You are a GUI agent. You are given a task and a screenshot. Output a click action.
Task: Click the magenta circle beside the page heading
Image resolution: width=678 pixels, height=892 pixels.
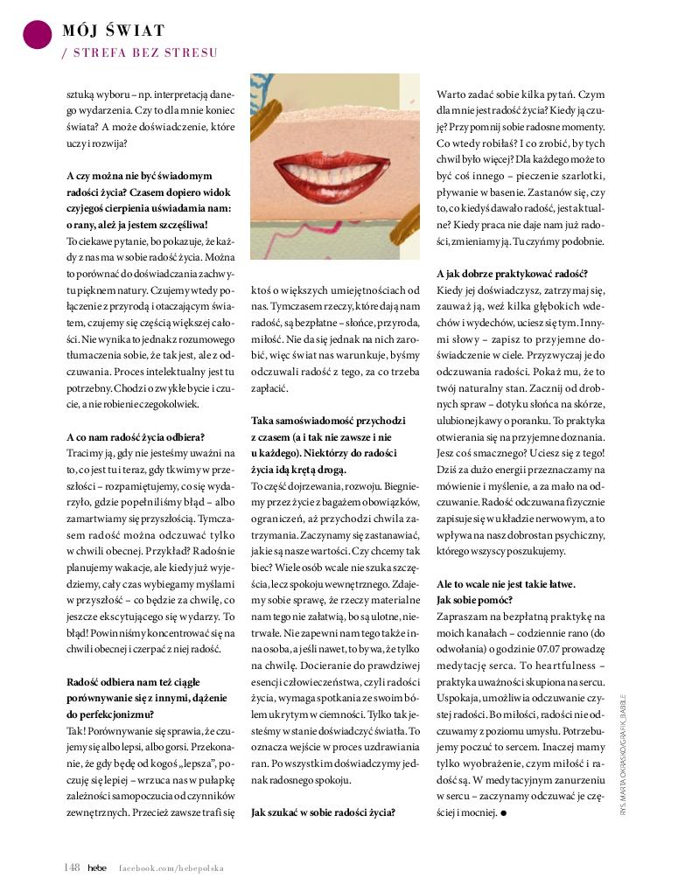point(38,33)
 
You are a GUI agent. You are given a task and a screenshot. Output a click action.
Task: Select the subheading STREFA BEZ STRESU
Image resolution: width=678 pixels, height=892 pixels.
point(140,53)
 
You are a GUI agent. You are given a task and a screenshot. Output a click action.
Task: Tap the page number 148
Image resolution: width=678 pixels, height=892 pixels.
point(72,867)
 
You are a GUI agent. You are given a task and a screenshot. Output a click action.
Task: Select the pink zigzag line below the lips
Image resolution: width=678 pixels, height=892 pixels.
point(332,241)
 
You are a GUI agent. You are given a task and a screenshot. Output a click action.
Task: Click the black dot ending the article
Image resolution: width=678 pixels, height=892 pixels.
point(505,813)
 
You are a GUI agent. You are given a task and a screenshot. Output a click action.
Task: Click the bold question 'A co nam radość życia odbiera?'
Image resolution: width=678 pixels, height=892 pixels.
point(136,437)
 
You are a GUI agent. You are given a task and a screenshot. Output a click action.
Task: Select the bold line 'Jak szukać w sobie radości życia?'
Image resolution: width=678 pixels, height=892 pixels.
point(323,812)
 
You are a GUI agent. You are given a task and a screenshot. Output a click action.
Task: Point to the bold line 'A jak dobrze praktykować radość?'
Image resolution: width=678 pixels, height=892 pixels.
point(512,273)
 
